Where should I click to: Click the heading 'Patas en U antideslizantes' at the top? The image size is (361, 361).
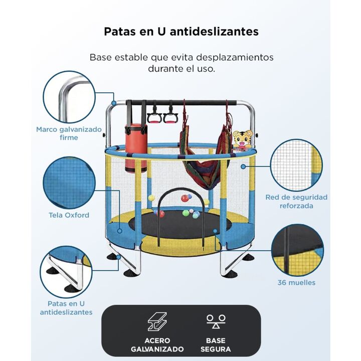click(181, 32)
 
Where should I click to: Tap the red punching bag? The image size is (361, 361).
click(136, 148)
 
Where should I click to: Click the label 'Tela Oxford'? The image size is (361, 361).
click(69, 215)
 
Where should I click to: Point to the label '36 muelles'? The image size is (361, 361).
click(296, 282)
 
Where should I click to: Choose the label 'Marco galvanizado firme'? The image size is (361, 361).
click(69, 133)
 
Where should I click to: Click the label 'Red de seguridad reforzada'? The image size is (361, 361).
click(296, 201)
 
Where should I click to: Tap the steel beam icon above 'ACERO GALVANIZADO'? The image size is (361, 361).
click(157, 321)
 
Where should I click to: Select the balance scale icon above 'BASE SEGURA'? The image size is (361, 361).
click(216, 321)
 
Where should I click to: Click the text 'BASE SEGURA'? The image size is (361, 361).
click(216, 344)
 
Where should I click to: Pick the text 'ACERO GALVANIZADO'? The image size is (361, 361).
click(157, 344)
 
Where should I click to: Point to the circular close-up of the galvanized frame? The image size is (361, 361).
click(69, 97)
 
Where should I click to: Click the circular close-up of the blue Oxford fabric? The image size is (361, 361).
click(69, 183)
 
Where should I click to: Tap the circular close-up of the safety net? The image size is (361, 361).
click(296, 165)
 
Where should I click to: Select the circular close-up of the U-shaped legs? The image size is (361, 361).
click(66, 272)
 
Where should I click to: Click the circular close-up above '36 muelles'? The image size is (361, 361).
click(297, 250)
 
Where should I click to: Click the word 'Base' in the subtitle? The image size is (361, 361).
click(101, 57)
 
